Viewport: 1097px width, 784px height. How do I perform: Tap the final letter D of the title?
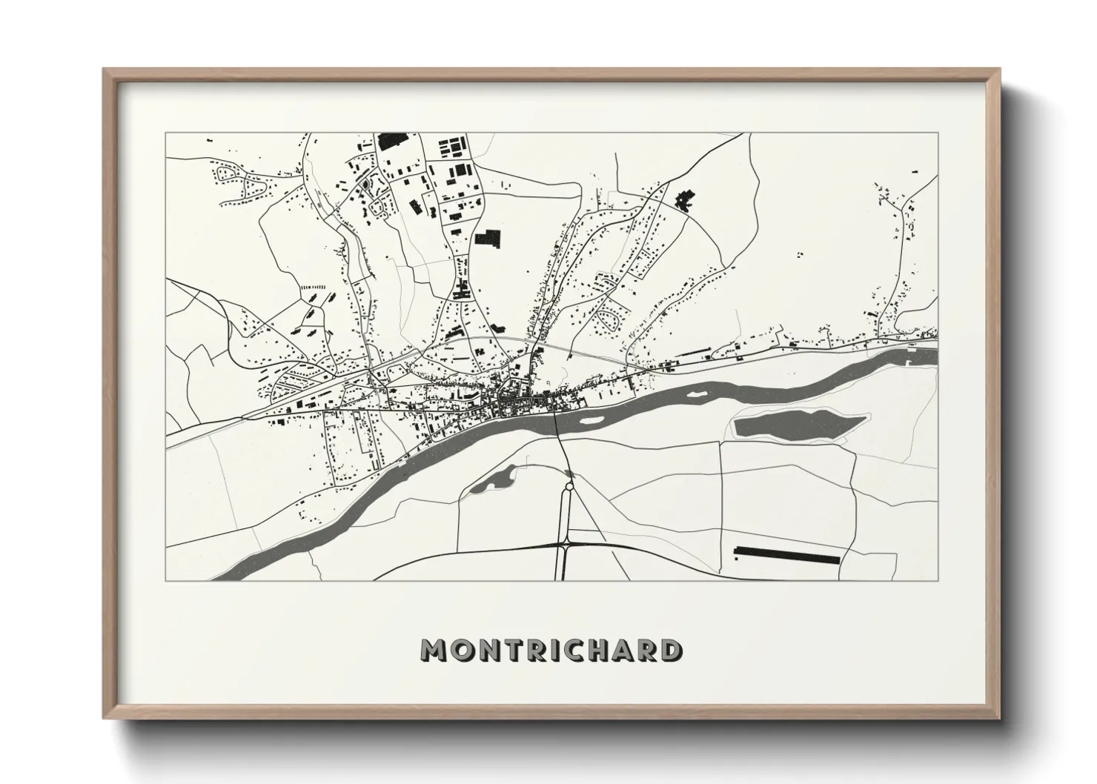671,650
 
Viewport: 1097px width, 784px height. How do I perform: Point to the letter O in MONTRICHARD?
457,650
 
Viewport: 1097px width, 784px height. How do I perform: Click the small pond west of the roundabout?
489,482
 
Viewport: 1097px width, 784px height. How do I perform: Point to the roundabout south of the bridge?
569,486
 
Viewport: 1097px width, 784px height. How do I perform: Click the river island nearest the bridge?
591,419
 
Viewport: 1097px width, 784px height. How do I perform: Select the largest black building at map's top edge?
393,142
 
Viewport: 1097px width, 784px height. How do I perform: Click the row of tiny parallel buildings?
311,286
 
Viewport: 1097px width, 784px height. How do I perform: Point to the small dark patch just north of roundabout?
568,473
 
